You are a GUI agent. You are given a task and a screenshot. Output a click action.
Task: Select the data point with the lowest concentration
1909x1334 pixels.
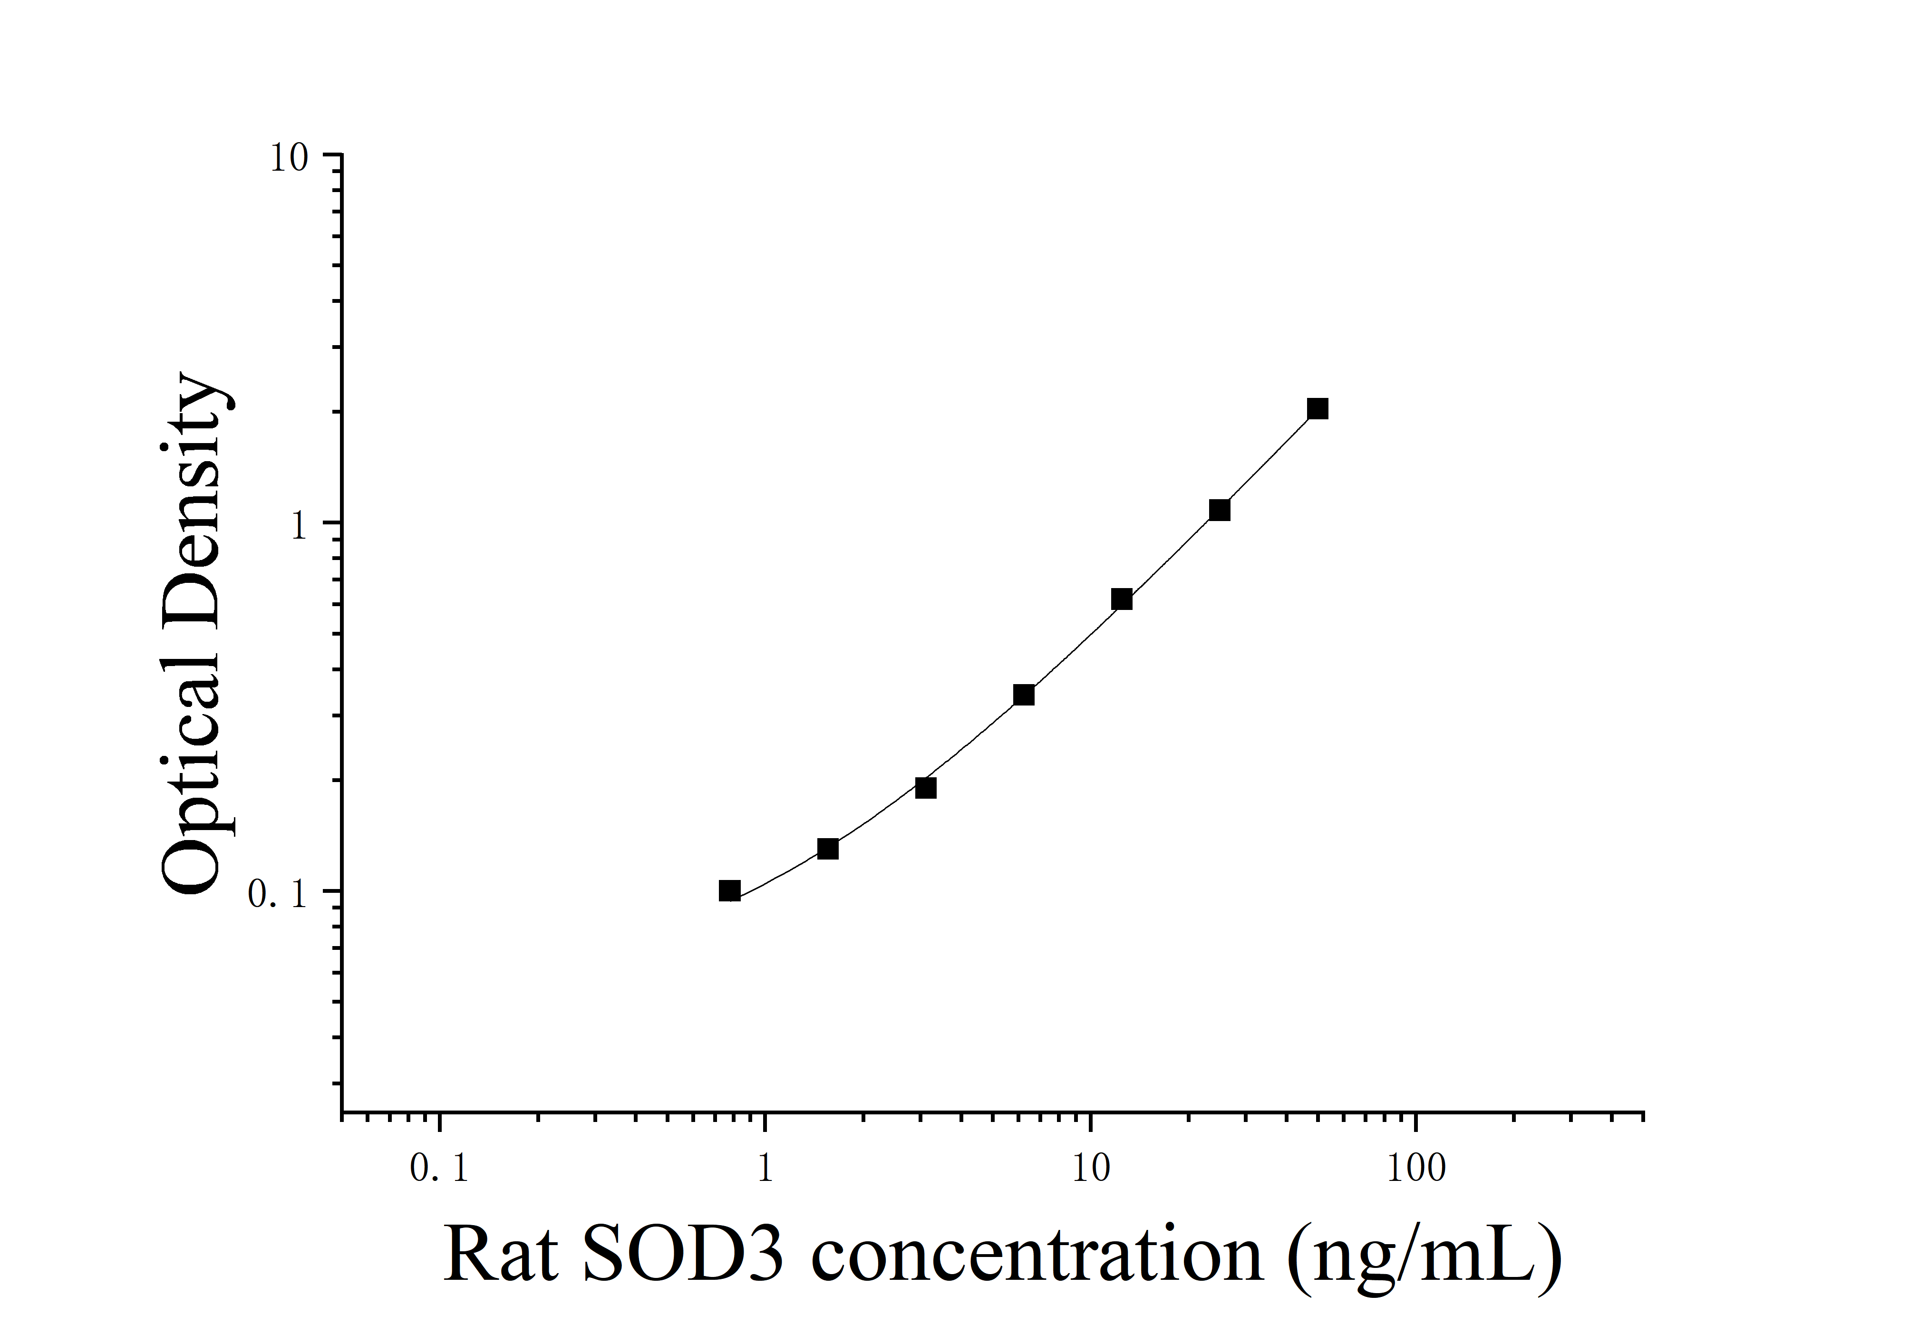click(x=729, y=891)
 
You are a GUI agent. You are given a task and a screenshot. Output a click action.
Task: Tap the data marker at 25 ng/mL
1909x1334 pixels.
click(x=1219, y=510)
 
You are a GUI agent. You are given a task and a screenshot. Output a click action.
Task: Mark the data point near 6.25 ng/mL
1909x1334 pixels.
click(x=1024, y=695)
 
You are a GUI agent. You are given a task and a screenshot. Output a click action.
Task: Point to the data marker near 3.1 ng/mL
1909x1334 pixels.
click(x=925, y=788)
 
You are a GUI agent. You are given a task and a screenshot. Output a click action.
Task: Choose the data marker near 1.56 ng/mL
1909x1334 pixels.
click(x=827, y=849)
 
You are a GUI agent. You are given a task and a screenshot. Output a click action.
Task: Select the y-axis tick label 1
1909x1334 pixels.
click(x=300, y=526)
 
